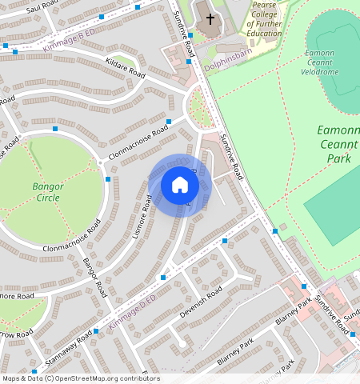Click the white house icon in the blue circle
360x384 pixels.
180,186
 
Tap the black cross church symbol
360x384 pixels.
211,19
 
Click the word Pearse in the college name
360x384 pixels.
264,4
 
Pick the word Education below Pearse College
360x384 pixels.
264,34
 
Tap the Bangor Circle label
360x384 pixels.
47,192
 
